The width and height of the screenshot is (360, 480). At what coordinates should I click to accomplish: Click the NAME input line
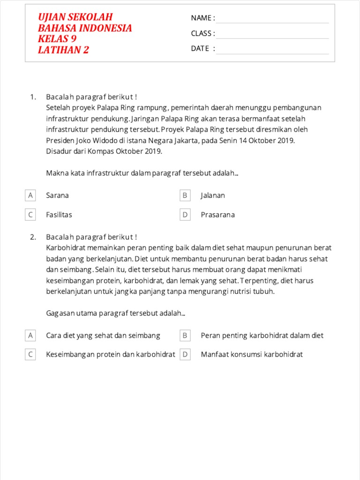(x=272, y=19)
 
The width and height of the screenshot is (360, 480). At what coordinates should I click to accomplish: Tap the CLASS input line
(x=272, y=34)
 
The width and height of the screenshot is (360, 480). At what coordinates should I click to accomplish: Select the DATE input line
(x=272, y=50)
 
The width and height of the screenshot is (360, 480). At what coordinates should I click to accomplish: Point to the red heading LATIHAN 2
(x=63, y=50)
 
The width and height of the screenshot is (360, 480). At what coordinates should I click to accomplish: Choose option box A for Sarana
(x=30, y=195)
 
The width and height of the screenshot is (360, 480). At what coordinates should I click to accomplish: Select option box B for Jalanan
(x=185, y=195)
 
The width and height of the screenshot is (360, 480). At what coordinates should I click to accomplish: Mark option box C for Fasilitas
(x=30, y=215)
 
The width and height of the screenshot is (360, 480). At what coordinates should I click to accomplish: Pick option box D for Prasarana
(x=185, y=215)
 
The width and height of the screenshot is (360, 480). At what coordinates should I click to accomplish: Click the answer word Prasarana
(x=217, y=215)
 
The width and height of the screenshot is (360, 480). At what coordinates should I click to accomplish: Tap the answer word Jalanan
(x=213, y=195)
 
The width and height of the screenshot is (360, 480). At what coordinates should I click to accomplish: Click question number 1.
(x=33, y=97)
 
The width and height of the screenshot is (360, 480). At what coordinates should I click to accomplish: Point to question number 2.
(x=33, y=237)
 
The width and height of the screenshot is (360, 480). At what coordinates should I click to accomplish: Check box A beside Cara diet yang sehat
(x=30, y=336)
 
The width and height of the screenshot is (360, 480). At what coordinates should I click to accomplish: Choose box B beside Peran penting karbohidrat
(x=185, y=336)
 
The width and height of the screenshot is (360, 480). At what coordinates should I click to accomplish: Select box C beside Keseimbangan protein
(x=30, y=354)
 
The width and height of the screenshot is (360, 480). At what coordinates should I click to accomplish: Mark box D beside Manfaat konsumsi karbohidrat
(x=185, y=354)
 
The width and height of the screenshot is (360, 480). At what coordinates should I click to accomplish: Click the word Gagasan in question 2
(x=60, y=313)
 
